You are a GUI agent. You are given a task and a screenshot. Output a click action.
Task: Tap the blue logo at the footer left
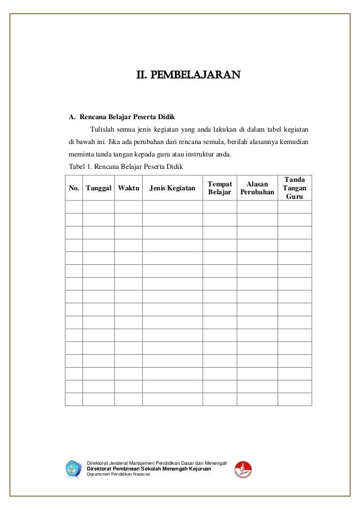(x=74, y=468)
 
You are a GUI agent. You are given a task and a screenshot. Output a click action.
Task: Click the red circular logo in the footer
(x=243, y=468)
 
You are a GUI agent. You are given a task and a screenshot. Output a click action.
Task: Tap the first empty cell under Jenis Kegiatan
(x=172, y=207)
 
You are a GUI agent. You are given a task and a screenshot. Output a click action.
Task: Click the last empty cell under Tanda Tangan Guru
(x=294, y=399)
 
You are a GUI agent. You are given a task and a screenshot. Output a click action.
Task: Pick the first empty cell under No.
(x=74, y=207)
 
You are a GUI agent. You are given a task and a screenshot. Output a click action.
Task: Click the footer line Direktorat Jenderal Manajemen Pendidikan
(x=157, y=463)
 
